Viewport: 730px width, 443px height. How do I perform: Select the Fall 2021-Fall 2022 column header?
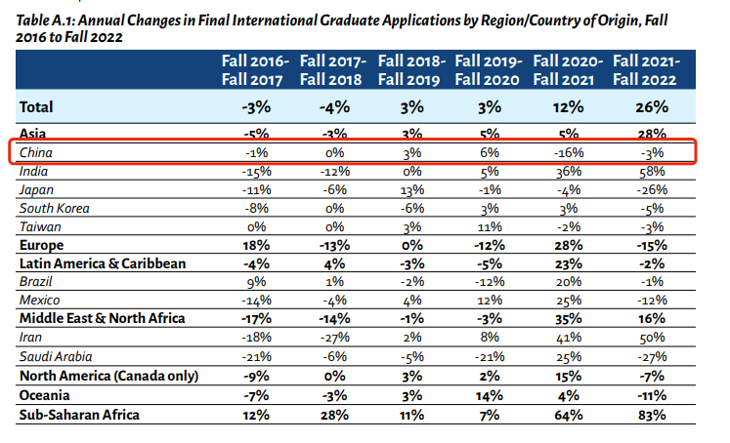pyautogui.click(x=646, y=70)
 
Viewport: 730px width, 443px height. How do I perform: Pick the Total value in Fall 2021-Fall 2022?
pyautogui.click(x=647, y=106)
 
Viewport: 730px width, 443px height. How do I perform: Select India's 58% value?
pyautogui.click(x=647, y=171)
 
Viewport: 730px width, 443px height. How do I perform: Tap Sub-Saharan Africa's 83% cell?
pyautogui.click(x=647, y=415)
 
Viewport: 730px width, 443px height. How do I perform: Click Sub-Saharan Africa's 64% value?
pyautogui.click(x=569, y=415)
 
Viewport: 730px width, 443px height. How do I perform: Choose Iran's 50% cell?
pyautogui.click(x=647, y=338)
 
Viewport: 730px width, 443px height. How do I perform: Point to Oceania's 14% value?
pyautogui.click(x=491, y=395)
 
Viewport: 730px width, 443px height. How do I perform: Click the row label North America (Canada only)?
pyautogui.click(x=109, y=377)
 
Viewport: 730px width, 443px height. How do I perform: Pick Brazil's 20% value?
pyautogui.click(x=569, y=282)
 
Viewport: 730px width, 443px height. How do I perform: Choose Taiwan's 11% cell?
pyautogui.click(x=491, y=226)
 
